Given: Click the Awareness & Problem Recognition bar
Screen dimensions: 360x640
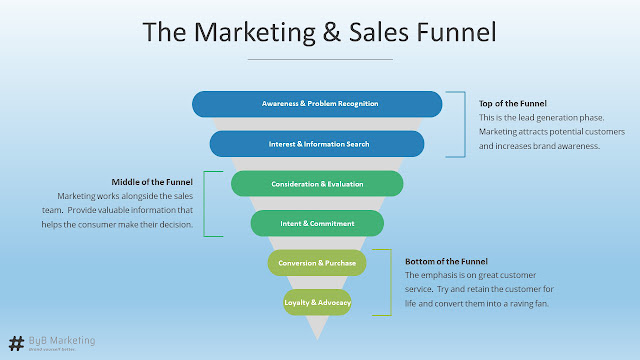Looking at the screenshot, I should pos(316,104).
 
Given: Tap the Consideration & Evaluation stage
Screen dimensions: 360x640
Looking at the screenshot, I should pos(317,184).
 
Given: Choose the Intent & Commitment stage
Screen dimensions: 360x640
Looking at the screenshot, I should pos(317,223).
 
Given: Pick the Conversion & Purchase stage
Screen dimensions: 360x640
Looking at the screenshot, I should pos(317,262).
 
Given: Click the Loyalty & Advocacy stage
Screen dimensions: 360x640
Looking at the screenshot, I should pos(317,301).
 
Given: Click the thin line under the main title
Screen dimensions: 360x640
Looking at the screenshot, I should pos(319,59).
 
